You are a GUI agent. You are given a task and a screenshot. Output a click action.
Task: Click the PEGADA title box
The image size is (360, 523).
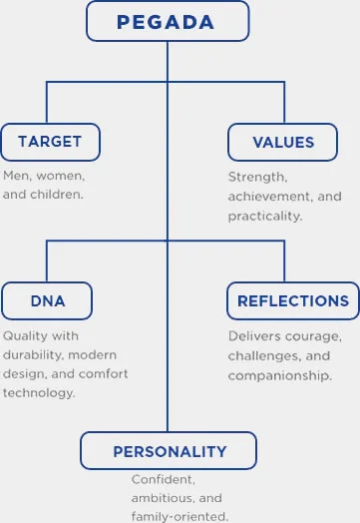167,22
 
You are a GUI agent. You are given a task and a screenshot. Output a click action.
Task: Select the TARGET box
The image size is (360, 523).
49,142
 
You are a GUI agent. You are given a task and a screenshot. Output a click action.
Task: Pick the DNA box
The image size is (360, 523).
47,299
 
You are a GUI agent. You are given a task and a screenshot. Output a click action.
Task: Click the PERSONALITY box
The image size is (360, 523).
169,450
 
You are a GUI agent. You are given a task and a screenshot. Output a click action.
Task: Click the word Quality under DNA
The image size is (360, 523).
26,336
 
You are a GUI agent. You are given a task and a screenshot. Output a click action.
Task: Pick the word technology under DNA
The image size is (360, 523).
41,392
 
